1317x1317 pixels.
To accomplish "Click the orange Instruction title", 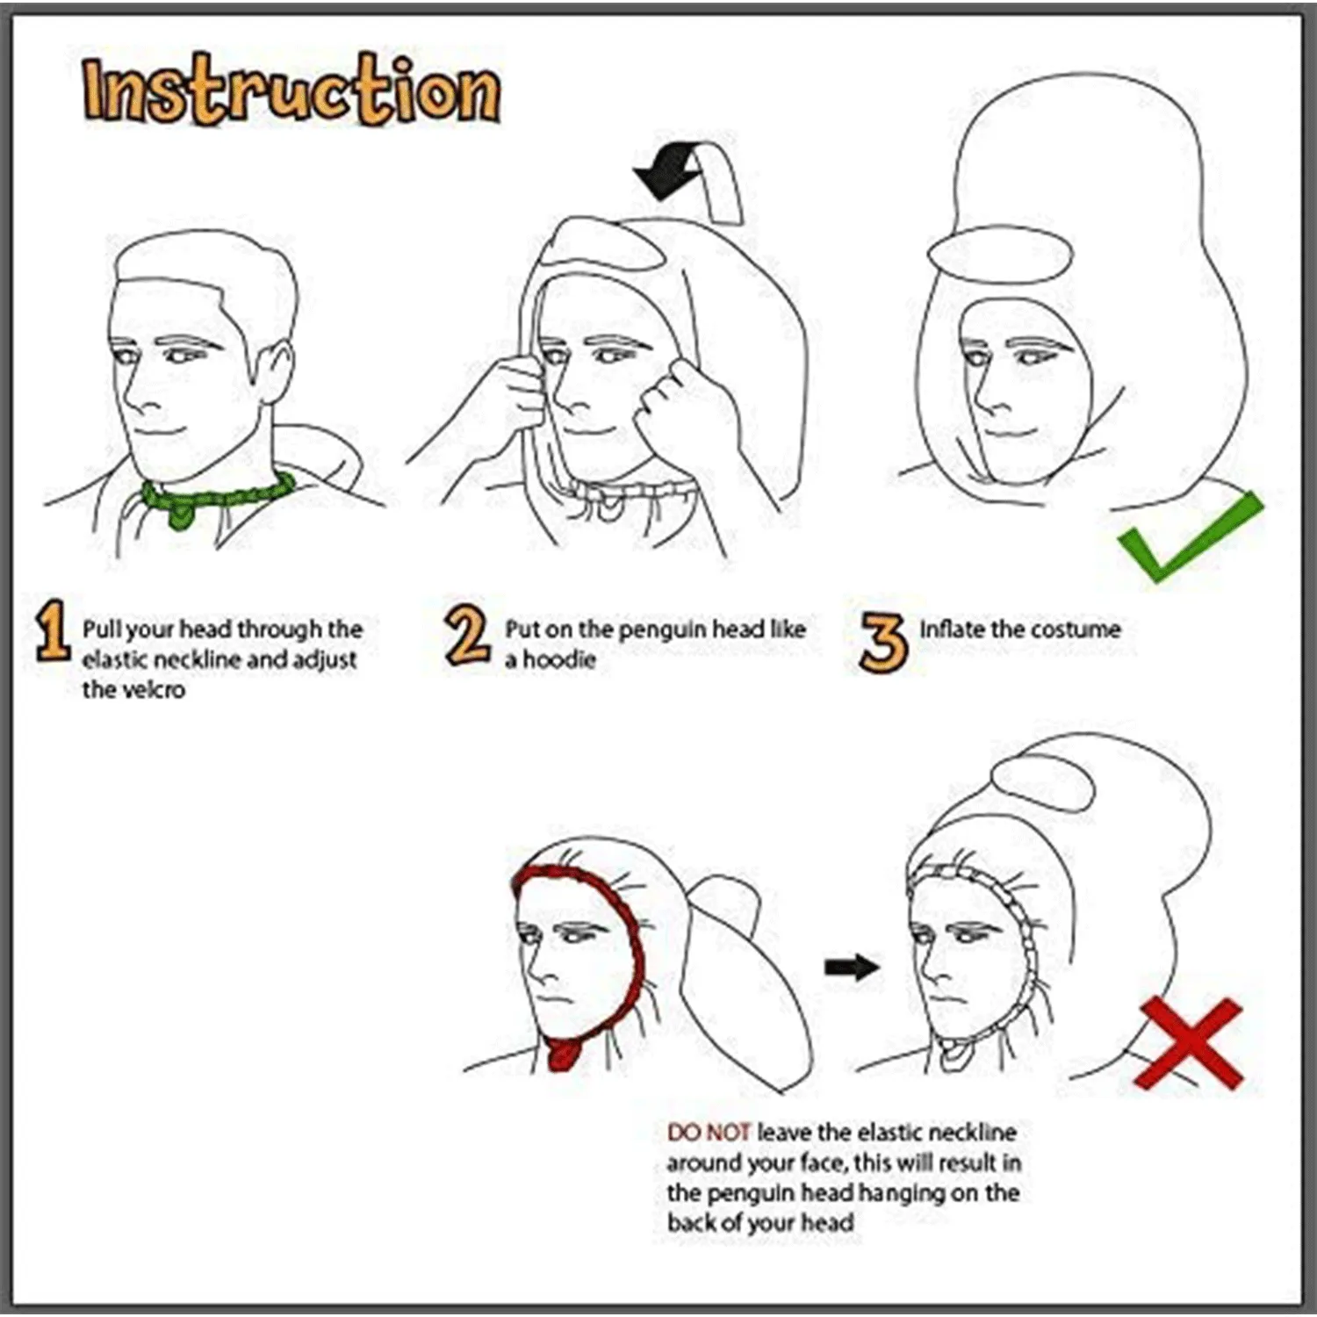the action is click(291, 91).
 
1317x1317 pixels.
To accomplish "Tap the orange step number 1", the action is click(53, 630).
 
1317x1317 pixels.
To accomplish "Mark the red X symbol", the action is click(1189, 1044).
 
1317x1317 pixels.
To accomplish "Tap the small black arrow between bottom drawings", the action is click(851, 968).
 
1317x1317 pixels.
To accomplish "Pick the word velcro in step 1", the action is click(133, 690).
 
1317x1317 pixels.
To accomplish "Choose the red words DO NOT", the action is click(709, 1133).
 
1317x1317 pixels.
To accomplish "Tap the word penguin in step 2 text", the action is click(661, 630).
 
